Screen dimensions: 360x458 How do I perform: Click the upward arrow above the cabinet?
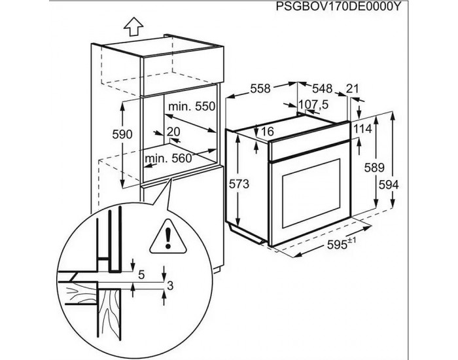[x=133, y=26]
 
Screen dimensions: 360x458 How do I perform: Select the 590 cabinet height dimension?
[x=122, y=134]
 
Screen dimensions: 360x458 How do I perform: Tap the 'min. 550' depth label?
[x=191, y=106]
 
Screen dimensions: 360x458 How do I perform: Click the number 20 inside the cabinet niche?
[x=173, y=132]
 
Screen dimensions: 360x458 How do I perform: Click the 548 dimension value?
[x=323, y=88]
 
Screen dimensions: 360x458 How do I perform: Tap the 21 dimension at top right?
[x=353, y=88]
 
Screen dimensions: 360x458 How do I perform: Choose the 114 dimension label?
[x=362, y=130]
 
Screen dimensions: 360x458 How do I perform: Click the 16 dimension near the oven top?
[x=267, y=132]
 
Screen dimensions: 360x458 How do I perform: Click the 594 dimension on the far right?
[x=407, y=185]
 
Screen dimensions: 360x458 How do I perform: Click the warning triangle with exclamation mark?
[x=168, y=237]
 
